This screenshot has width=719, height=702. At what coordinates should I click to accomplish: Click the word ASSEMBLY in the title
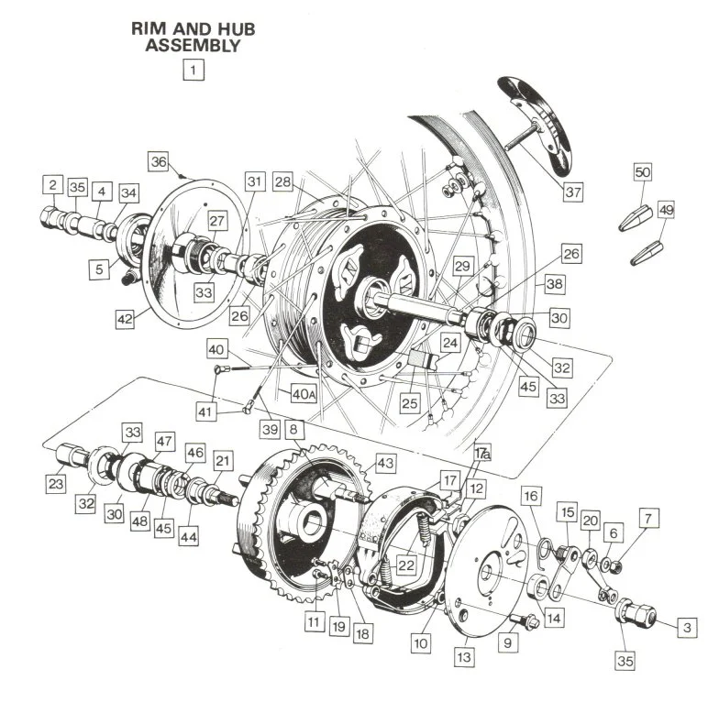194,44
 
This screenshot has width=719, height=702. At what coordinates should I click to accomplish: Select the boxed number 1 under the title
194,69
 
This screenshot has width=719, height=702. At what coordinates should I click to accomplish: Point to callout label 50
642,173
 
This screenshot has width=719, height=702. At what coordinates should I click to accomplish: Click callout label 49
666,210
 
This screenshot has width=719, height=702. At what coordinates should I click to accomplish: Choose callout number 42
124,319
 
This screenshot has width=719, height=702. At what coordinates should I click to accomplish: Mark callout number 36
159,161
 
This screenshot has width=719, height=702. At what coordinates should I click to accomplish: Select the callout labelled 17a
482,453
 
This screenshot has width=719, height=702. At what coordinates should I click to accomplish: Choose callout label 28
282,182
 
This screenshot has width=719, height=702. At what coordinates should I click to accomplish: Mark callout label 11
315,623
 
